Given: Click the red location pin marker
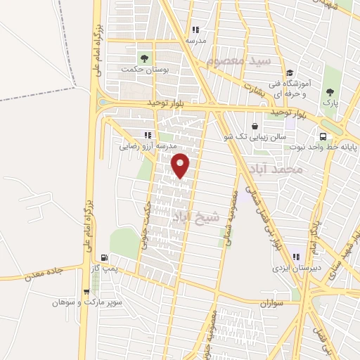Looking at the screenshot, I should [181, 165].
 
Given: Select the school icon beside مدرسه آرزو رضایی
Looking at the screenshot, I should [148, 134].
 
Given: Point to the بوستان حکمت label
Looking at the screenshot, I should [137, 69].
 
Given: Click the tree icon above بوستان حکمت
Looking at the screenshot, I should [144, 58].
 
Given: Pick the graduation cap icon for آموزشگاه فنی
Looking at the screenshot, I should [289, 72].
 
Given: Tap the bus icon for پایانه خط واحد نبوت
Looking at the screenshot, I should [322, 137].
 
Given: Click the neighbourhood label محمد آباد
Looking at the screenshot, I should [275, 169].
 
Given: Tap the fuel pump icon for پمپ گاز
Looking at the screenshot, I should [105, 258].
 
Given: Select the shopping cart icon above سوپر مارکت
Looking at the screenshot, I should [86, 291].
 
